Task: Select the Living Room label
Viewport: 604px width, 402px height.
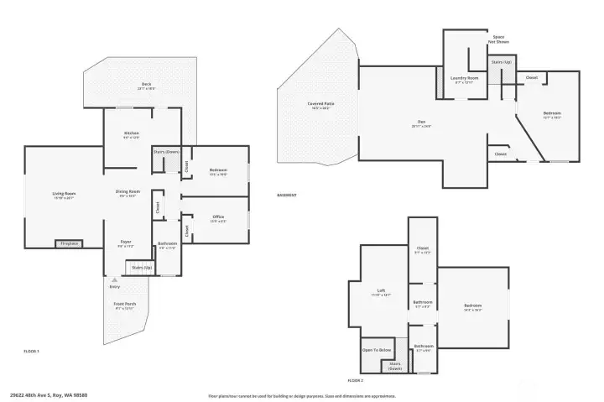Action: click(64, 195)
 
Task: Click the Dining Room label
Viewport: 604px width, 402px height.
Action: click(128, 193)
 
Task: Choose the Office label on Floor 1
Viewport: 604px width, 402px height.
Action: click(218, 218)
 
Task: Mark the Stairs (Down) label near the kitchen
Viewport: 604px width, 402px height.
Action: click(166, 152)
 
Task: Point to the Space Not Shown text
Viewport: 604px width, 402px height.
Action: click(498, 39)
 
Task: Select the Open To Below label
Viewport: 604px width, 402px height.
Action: click(377, 350)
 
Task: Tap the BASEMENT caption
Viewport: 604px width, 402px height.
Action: click(287, 196)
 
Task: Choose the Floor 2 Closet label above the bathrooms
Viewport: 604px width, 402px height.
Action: click(423, 249)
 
